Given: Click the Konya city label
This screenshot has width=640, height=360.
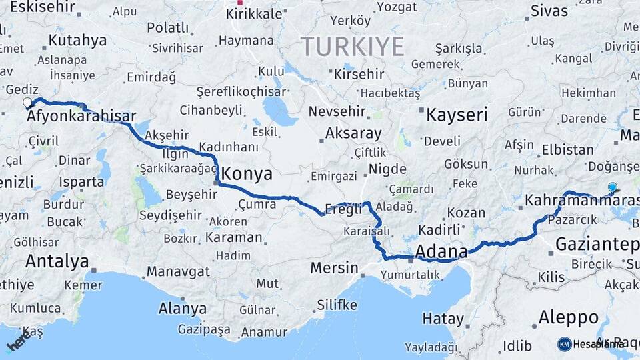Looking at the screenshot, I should pos(247,174).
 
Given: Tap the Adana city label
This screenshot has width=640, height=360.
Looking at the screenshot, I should pos(441,251).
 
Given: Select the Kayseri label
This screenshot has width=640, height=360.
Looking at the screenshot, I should pos(457,115).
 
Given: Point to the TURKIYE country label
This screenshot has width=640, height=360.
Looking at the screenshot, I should pos(353,47).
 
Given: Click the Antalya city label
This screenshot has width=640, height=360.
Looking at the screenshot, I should pos(57,261).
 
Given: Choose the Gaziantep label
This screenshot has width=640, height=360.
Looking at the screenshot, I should pos(597,244).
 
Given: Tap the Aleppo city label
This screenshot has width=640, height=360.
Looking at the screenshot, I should pos(569,317).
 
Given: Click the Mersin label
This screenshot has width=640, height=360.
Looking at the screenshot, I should pos(334,268).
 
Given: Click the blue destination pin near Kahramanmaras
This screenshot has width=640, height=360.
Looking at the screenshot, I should pos(613,188).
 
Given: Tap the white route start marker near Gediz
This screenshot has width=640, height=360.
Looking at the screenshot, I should pos(27,103).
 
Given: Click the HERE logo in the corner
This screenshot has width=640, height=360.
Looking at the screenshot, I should pos(19,342).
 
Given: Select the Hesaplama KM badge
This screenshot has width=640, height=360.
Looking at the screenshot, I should pos(590,344).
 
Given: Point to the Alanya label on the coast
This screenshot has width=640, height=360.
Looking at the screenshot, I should pos(182,309).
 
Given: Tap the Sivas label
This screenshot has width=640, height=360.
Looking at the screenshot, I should pos(549,11).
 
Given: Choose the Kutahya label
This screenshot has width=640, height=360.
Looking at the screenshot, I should pos(77,40).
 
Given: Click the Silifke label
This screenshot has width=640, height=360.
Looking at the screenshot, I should pos(337,305).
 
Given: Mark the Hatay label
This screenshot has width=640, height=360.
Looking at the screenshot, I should pos(443,319).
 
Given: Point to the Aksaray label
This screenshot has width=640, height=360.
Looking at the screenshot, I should pos(353,133).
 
